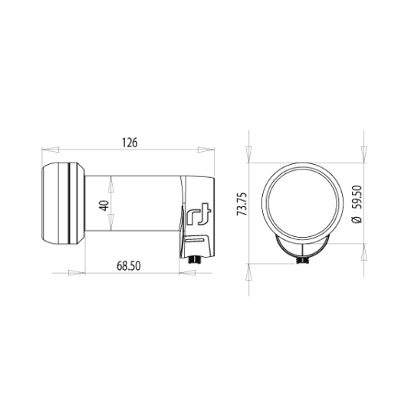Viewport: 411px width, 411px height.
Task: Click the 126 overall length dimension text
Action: (130, 143)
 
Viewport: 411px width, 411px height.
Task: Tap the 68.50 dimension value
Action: (129, 266)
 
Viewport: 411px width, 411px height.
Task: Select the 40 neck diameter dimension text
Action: (104, 205)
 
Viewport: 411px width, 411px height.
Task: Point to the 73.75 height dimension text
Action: (242, 204)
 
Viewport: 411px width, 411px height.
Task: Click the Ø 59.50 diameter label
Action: (357, 205)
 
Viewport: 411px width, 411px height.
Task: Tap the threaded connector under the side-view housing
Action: (195, 260)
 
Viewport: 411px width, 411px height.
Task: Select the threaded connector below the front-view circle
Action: (302, 260)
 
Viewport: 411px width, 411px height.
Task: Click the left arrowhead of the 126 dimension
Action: (51, 150)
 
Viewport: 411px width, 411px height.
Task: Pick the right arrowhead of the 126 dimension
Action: (206, 150)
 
